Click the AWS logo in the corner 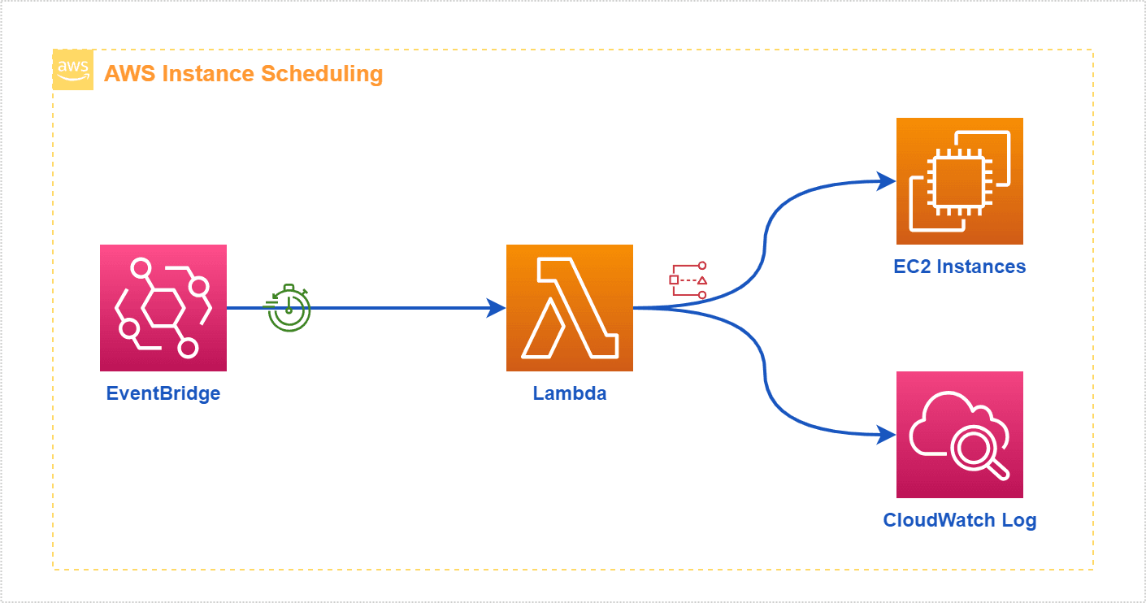[73, 70]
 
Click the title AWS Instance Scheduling [243, 74]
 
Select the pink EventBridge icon [163, 308]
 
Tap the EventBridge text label [163, 394]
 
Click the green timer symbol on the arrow [289, 308]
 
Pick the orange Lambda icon [569, 308]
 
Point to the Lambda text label [569, 394]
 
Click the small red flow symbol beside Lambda [688, 280]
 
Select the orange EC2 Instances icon [959, 181]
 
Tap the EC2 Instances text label [959, 267]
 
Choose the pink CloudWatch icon [959, 435]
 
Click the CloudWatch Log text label [959, 520]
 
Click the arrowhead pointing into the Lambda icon [496, 308]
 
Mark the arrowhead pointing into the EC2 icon [887, 181]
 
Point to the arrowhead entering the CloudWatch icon [887, 436]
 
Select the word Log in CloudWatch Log [1019, 520]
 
